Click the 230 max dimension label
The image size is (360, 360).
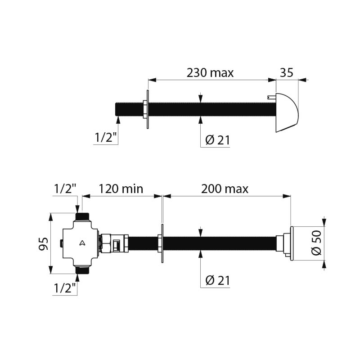pos(210,73)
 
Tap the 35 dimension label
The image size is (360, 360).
pos(287,72)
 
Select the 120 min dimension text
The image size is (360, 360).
pos(121,189)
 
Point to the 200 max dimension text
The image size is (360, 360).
pos(225,189)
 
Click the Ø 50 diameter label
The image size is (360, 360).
pos(316,243)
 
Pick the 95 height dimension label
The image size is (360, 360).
pos(44,243)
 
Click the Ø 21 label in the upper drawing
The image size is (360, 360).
pos(218,140)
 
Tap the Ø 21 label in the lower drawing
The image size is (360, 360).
pos(218,280)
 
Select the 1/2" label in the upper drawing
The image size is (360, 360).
pos(106,138)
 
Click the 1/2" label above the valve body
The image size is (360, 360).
pos(65,189)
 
